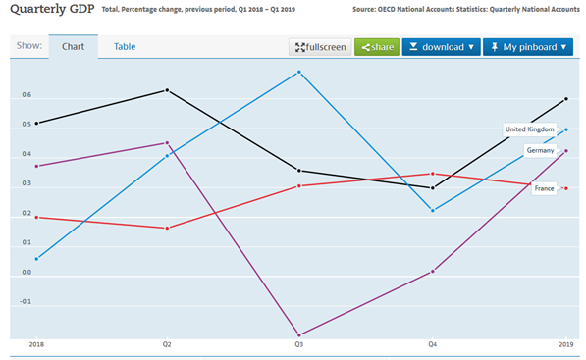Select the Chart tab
[x=73, y=47]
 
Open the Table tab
[x=125, y=47]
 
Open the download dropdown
[x=441, y=47]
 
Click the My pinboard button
[x=527, y=47]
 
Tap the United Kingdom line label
[x=529, y=129]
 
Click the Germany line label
[x=540, y=150]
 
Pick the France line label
[x=543, y=187]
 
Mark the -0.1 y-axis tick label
[x=25, y=302]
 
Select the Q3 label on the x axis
[x=298, y=346]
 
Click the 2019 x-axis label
[x=566, y=346]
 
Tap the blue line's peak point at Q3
[x=298, y=72]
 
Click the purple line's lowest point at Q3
[x=298, y=334]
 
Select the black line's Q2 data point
[x=167, y=90]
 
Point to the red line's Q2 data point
[x=167, y=229]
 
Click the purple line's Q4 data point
[x=433, y=272]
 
